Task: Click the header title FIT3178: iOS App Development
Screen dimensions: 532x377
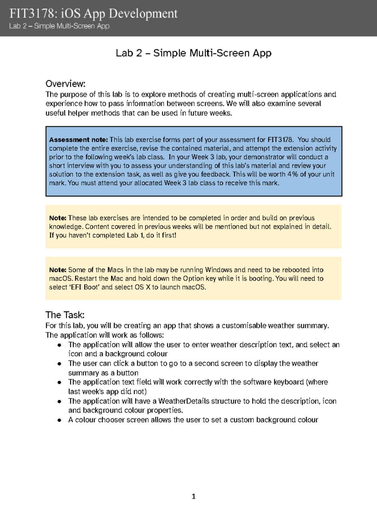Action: pos(93,14)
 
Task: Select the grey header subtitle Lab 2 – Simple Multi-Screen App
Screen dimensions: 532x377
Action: pos(59,26)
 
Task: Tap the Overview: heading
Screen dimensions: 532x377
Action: pos(65,84)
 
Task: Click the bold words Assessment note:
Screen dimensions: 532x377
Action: pos(78,140)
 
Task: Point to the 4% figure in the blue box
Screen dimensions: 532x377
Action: pos(292,174)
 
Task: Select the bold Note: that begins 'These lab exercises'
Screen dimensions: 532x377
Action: pos(57,218)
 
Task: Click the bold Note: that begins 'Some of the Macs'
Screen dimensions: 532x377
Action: pos(57,270)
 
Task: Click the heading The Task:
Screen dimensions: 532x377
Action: pos(65,315)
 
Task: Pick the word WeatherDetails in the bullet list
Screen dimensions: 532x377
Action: pos(184,401)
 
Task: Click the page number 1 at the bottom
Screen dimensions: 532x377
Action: pos(194,497)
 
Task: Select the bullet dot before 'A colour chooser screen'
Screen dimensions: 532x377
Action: pos(59,420)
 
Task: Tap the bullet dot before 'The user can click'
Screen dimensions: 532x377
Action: pos(59,364)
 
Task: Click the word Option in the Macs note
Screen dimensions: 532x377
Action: pos(194,279)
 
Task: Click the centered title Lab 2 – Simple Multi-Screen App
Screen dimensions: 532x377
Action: pos(194,53)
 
